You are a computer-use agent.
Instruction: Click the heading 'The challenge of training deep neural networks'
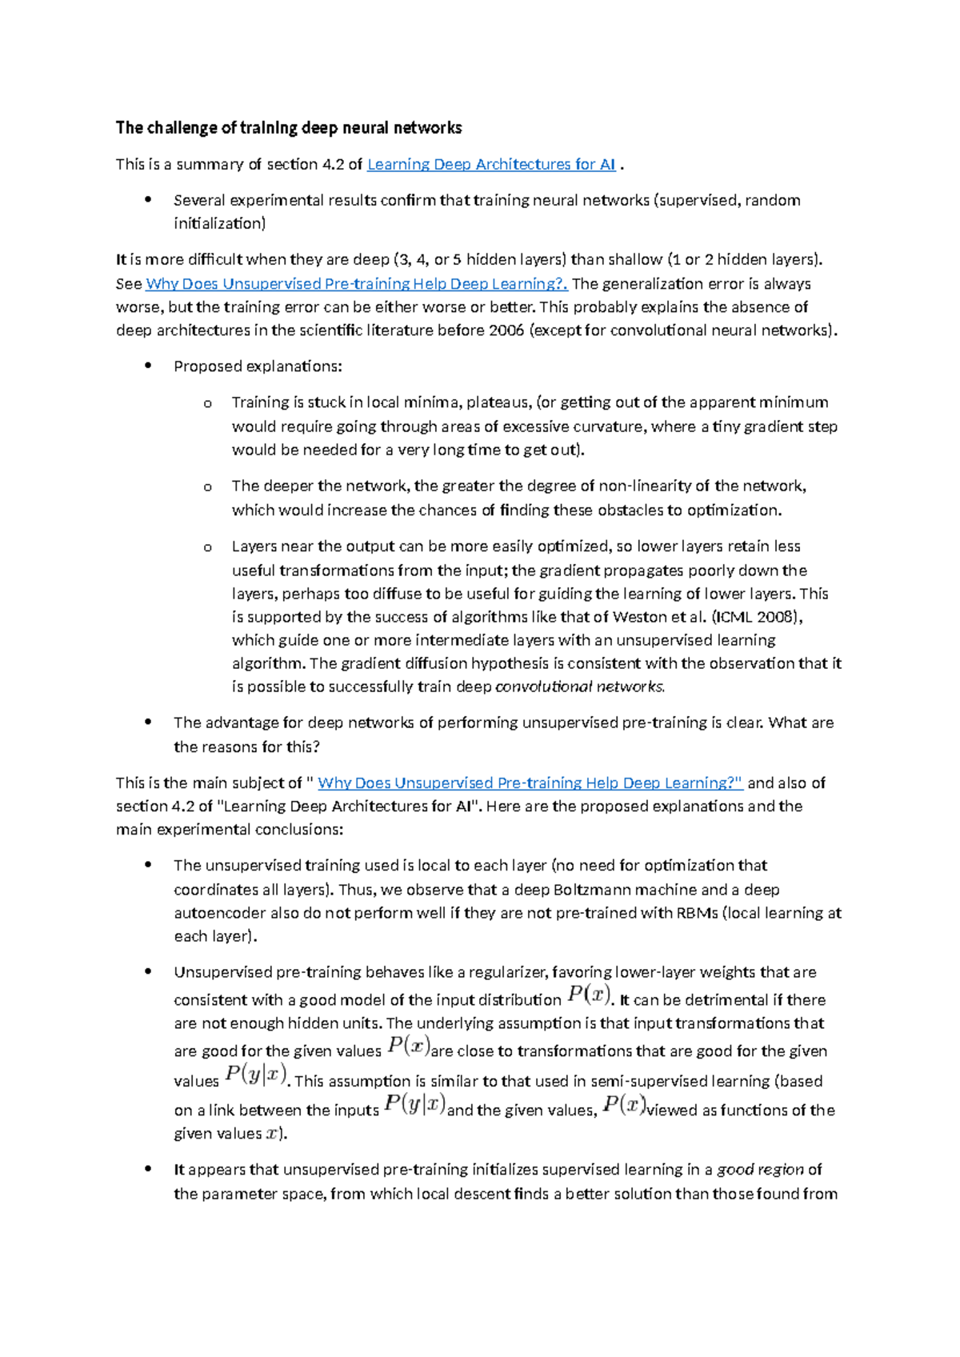tap(289, 128)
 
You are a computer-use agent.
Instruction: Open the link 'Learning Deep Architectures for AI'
tap(490, 165)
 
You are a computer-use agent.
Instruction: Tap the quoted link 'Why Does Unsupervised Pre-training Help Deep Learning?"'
tap(530, 783)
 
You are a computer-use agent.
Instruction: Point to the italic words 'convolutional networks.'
tap(580, 687)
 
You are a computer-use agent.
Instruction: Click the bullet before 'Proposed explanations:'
tap(147, 366)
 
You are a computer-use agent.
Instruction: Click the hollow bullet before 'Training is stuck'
tap(208, 404)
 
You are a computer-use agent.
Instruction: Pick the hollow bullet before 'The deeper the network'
tap(208, 487)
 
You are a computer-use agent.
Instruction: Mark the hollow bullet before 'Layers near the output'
tap(208, 548)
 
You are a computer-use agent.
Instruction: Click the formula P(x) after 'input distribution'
tap(589, 995)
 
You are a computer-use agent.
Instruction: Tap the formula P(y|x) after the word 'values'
tap(255, 1075)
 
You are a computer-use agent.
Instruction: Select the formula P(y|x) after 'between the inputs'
tap(414, 1105)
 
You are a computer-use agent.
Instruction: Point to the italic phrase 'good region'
tap(760, 1170)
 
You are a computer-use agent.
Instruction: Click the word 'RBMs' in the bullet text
tap(697, 913)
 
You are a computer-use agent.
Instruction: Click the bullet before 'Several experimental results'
tap(147, 200)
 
